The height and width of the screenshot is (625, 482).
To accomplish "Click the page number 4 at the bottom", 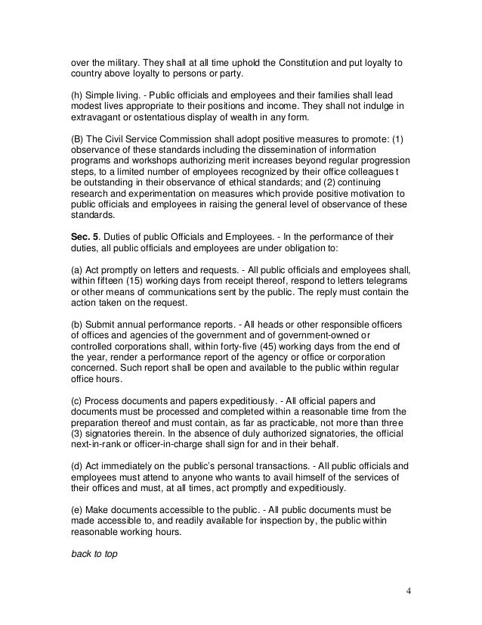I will pyautogui.click(x=408, y=591).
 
